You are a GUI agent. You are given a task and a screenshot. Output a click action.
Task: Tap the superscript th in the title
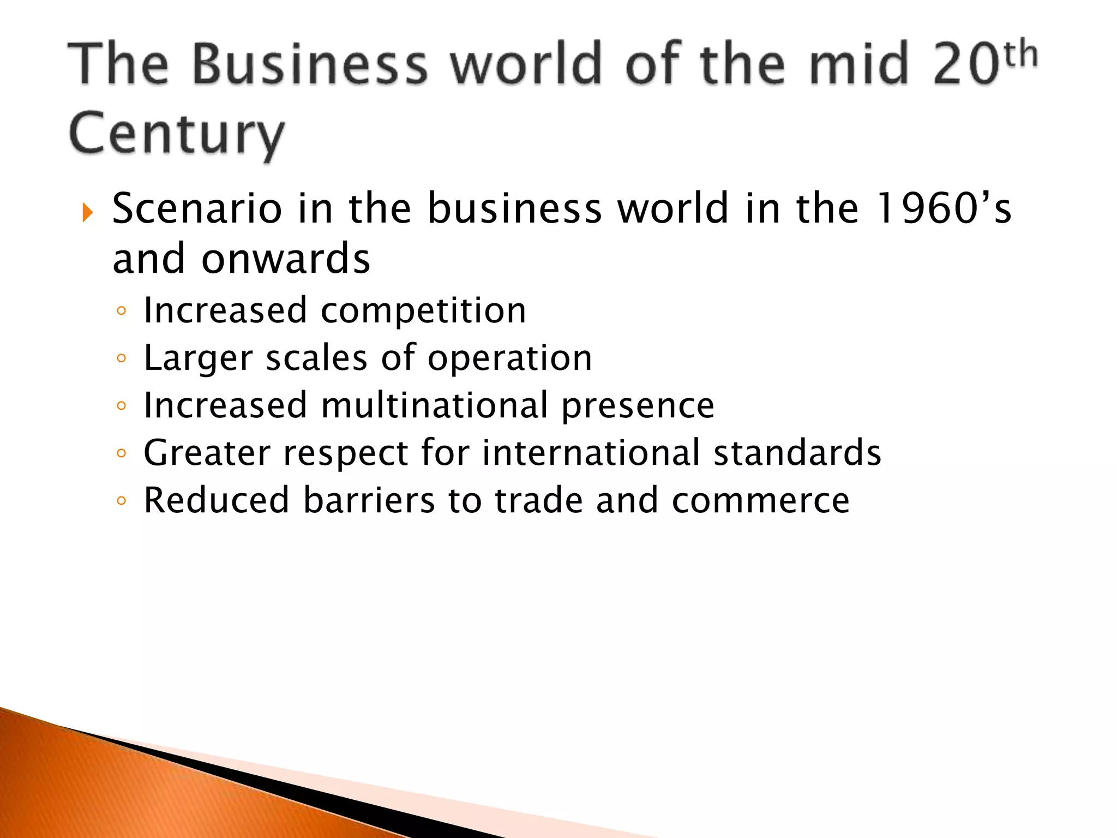[x=1020, y=55]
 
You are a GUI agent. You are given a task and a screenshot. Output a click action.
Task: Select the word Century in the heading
[x=176, y=134]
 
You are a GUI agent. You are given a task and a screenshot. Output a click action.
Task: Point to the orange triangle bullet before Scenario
[x=87, y=212]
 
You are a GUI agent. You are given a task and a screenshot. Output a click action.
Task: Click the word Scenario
[x=197, y=208]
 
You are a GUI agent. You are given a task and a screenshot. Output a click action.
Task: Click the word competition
[x=423, y=311]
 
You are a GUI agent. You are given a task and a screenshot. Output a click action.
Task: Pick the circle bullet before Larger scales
[x=121, y=358]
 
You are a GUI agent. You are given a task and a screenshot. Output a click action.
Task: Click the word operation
[x=509, y=358]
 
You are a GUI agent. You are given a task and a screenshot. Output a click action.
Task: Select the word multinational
[x=434, y=405]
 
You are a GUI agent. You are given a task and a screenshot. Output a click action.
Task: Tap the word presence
[x=638, y=406]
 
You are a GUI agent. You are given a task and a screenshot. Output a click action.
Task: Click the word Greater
[x=207, y=453]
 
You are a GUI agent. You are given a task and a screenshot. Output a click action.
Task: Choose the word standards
[x=797, y=453]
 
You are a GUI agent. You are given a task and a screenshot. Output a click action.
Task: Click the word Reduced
[x=216, y=500]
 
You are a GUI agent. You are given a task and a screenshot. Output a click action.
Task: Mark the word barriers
[x=369, y=500]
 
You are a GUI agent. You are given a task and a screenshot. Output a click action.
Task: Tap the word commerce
[x=760, y=501]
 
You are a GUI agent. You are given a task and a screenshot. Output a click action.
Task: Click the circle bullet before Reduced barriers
[x=121, y=500]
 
